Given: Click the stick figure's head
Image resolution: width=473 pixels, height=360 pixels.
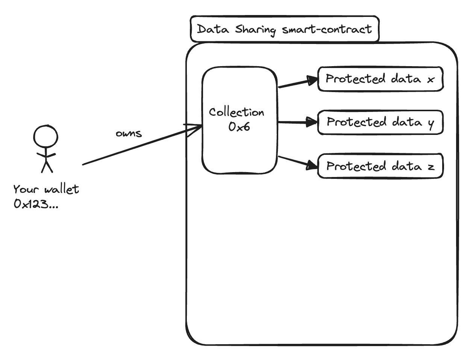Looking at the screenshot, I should (45, 137).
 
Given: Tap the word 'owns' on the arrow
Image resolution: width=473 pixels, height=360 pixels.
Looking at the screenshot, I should (129, 133).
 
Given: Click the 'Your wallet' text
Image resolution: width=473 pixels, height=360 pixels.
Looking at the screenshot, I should (46, 189).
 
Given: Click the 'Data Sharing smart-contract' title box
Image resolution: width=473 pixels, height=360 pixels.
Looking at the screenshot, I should (285, 29).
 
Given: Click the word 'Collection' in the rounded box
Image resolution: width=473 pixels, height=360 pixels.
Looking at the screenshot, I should (236, 112).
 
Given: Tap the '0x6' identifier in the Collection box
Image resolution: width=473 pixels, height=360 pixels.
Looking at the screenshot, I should (239, 127).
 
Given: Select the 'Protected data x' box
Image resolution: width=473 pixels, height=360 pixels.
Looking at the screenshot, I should (380, 79).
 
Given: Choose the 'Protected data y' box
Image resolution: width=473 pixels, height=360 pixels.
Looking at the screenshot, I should (380, 123).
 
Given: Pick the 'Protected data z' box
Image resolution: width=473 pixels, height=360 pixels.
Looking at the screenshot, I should (380, 166).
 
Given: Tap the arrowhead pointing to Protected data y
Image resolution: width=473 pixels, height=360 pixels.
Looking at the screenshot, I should (312, 122).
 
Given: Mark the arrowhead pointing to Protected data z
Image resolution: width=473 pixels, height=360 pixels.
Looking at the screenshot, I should (312, 165).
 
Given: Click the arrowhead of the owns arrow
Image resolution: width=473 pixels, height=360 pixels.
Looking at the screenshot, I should (196, 129).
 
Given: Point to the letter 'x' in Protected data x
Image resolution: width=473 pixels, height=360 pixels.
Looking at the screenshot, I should (431, 80).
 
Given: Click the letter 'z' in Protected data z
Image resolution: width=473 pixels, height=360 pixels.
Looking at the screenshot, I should (431, 166).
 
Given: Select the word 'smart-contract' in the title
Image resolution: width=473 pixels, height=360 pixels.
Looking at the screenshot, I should (326, 29).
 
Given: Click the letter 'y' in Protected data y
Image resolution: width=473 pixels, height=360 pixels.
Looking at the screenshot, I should (431, 124).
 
